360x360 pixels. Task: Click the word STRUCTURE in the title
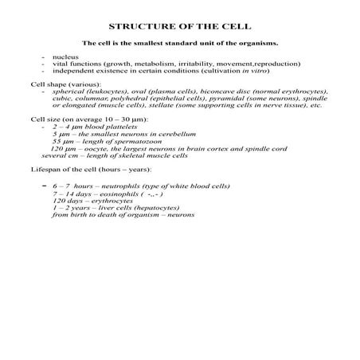pyautogui.click(x=135, y=26)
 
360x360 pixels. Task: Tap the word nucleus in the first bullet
pyautogui.click(x=64, y=57)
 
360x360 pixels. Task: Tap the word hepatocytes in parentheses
pyautogui.click(x=160, y=208)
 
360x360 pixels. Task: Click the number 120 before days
pyautogui.click(x=58, y=201)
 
